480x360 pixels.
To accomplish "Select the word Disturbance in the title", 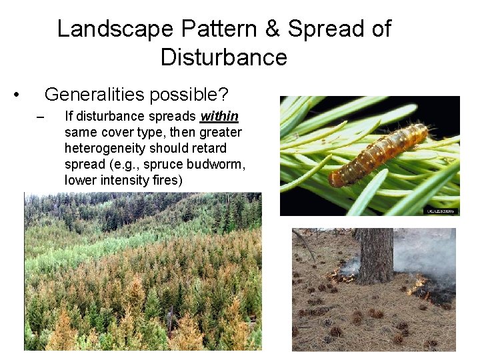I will click(x=223, y=57).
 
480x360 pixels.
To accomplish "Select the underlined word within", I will click(x=219, y=117).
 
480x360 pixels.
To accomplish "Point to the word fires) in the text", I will click(x=165, y=180).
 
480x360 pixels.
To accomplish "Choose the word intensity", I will click(x=121, y=180).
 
